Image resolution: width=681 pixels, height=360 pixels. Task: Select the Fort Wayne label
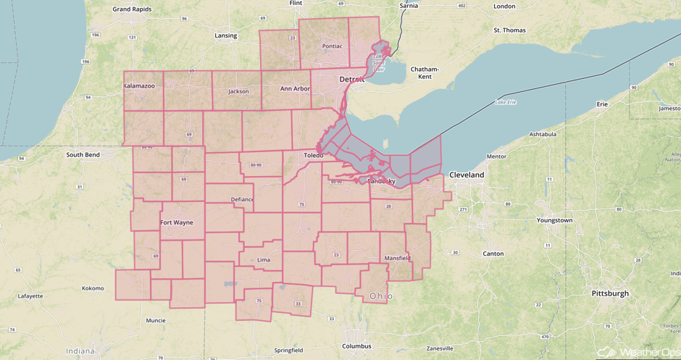point(177,222)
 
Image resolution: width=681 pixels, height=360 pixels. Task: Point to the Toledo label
point(314,156)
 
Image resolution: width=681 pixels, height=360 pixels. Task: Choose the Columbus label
point(356,346)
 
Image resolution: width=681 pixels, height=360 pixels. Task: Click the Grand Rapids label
point(132,9)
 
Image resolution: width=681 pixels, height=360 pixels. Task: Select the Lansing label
point(226,35)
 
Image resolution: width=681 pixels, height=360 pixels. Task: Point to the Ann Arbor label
point(295,88)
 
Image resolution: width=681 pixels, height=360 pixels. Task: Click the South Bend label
point(83,155)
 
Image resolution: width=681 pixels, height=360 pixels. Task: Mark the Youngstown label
point(554,220)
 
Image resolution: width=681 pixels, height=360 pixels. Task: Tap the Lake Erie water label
point(505,102)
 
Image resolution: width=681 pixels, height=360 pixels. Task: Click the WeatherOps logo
point(638,351)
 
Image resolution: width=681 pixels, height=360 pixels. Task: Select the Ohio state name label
point(381,296)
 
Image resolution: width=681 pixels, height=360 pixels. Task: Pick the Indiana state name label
point(80,351)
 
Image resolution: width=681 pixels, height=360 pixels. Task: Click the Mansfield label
point(398,258)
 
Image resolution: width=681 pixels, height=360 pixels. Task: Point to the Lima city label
point(264,259)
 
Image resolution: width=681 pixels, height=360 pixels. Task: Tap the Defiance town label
point(242,199)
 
